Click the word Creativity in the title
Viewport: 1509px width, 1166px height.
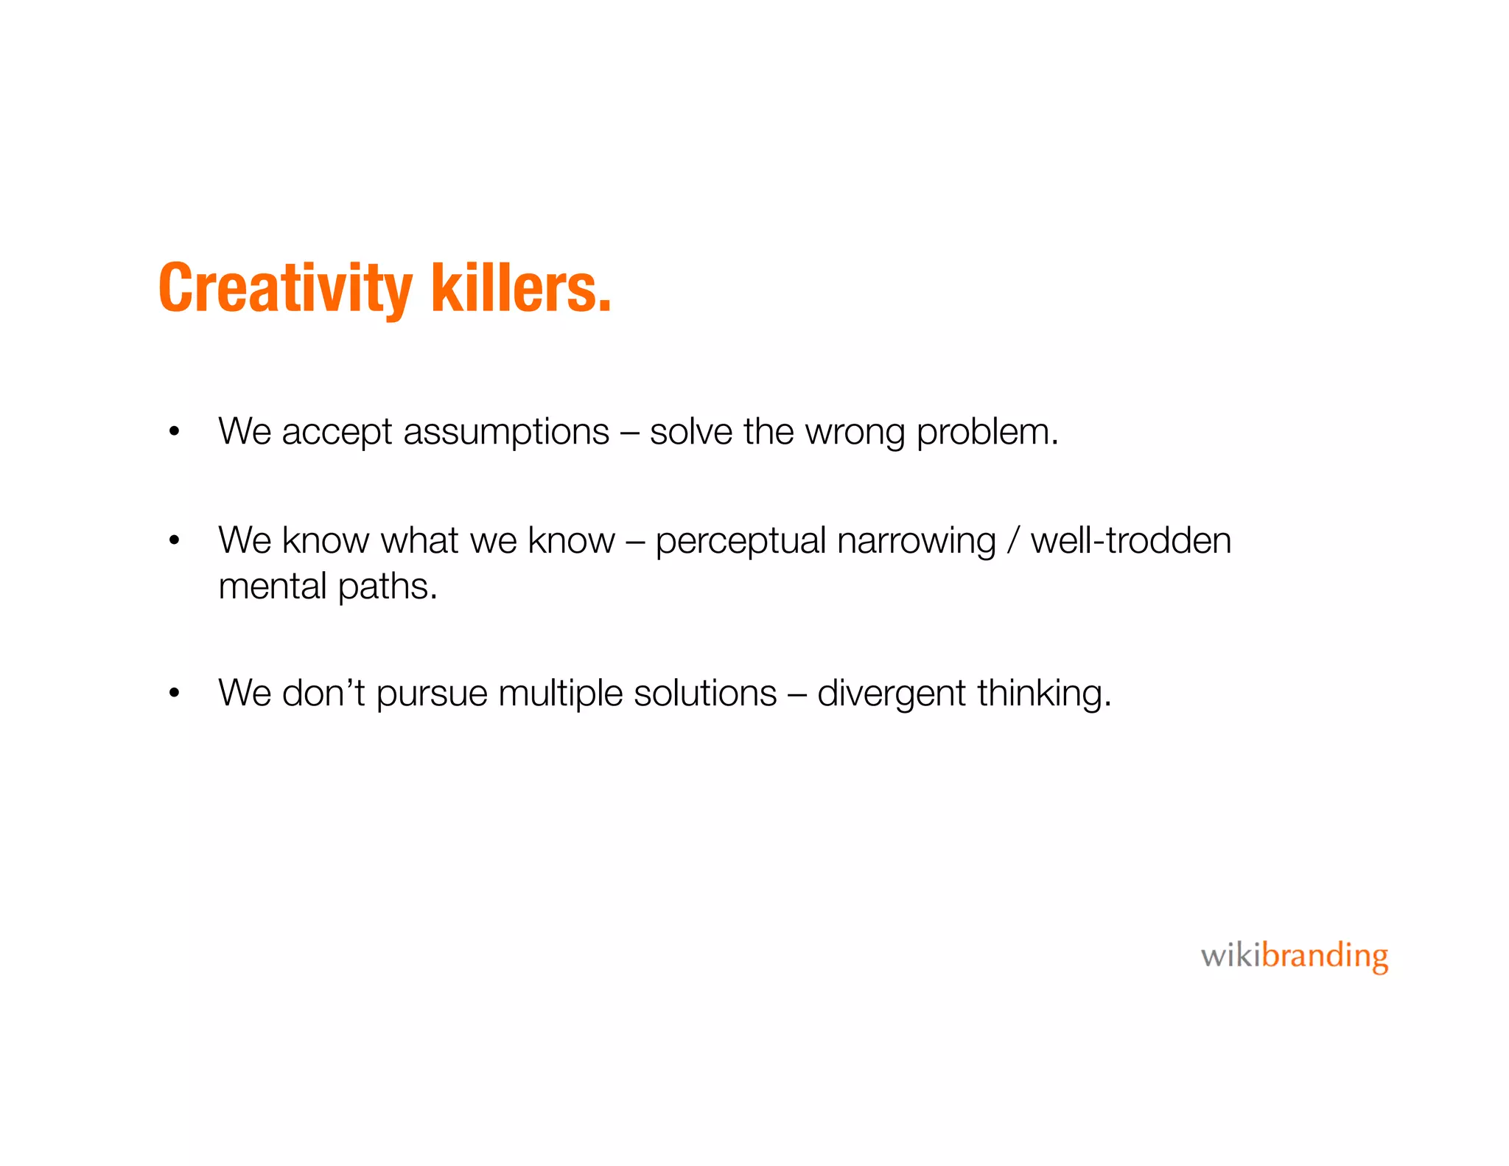(x=285, y=289)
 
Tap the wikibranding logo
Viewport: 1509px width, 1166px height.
(x=1294, y=957)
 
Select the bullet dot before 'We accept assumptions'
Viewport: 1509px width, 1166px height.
(x=174, y=432)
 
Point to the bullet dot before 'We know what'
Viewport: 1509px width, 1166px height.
(x=174, y=540)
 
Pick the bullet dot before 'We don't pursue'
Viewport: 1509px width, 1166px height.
(x=174, y=693)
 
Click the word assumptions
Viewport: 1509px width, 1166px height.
(x=506, y=433)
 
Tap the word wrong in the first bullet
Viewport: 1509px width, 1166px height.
(x=855, y=433)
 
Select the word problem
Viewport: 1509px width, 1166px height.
(x=987, y=433)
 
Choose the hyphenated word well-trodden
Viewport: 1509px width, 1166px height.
(x=1130, y=540)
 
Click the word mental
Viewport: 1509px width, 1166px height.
(x=273, y=587)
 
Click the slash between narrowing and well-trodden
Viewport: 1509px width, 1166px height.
(x=1014, y=541)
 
